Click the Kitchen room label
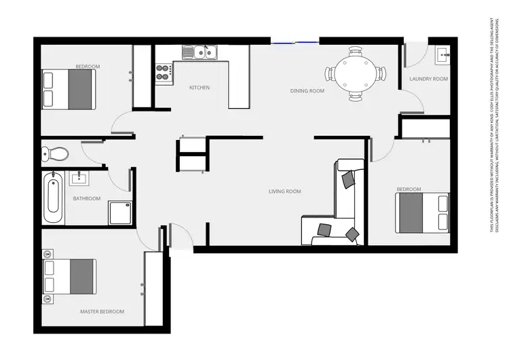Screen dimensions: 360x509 200,88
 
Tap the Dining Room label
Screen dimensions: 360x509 307,91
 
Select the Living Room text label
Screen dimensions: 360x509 285,192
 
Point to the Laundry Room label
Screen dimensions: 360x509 429,79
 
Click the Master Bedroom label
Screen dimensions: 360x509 102,312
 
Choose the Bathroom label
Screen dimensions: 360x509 87,199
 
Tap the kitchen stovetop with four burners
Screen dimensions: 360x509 164,72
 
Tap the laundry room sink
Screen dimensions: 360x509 442,54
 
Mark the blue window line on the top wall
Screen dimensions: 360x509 295,43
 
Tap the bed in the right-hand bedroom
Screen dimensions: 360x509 423,212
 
